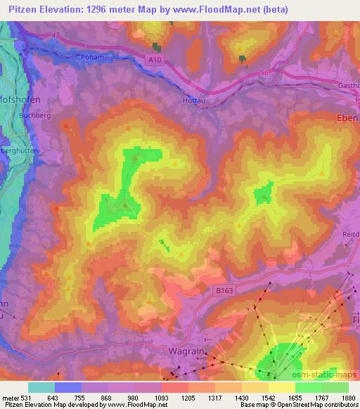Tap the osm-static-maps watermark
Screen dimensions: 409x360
[x=329, y=375]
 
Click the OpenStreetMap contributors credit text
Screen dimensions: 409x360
[x=317, y=405]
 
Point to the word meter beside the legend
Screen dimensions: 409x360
[x=10, y=398]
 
